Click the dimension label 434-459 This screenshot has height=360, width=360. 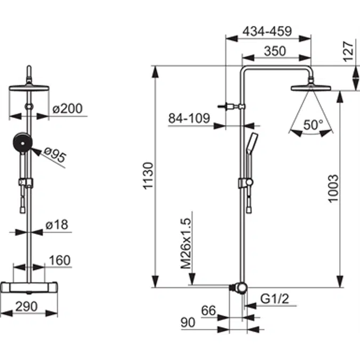[267, 31]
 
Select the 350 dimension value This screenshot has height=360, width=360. [275, 51]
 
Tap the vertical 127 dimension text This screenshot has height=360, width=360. [349, 51]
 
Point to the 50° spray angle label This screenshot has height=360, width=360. [313, 125]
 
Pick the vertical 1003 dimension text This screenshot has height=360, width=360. [333, 188]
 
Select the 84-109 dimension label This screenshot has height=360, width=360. [189, 118]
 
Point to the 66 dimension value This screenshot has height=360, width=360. [209, 310]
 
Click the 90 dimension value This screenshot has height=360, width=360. [188, 323]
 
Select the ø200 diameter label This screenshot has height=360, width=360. [68, 109]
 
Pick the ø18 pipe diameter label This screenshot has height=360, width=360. [57, 226]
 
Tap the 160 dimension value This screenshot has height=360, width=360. [59, 260]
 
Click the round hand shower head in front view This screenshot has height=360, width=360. [21, 143]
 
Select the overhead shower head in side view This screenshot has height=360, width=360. [308, 86]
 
